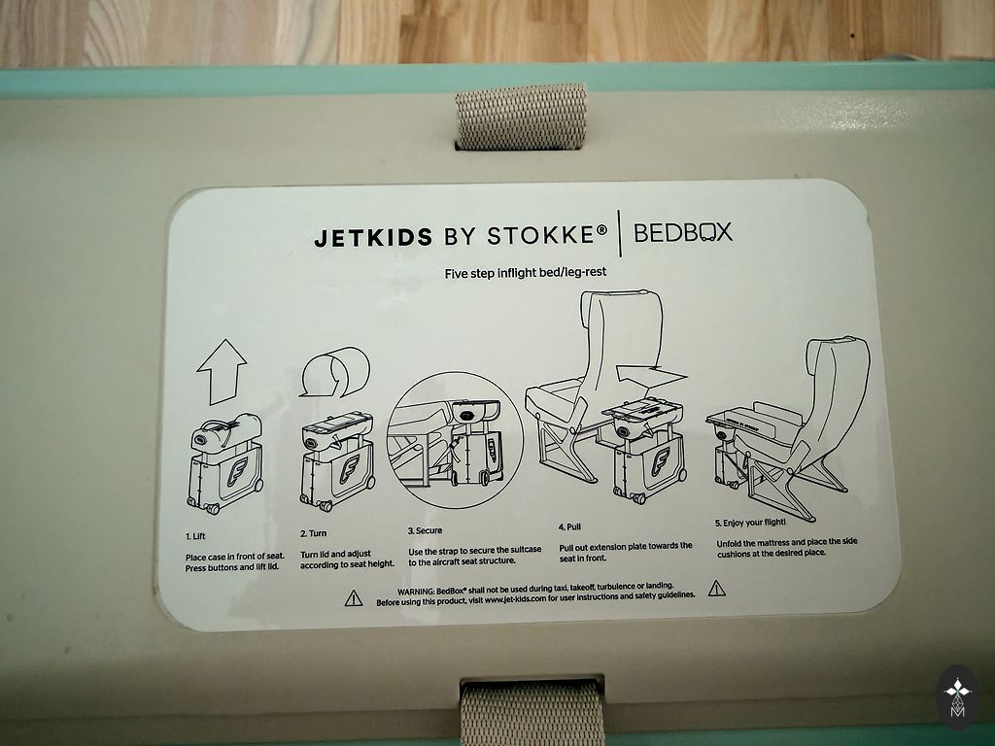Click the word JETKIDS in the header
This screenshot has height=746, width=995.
coord(373,237)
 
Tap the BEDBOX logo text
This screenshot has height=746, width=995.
coord(683,233)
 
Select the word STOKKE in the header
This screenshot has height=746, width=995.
coord(539,235)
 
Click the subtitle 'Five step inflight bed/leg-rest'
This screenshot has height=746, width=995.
coord(526,273)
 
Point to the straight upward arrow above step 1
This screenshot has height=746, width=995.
coord(222,372)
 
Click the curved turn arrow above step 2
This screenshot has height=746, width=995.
coord(334,372)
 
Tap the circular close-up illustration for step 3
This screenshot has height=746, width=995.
coord(455,440)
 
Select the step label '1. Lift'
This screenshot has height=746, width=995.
coord(195,536)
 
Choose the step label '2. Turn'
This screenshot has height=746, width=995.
coord(314,533)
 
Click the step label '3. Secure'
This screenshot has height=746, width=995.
coord(425,530)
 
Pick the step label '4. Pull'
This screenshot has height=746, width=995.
coord(569,526)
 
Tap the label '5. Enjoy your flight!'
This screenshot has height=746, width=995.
coord(750,523)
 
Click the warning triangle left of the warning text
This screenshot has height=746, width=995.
coord(354,597)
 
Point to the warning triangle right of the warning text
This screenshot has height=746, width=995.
coord(716,588)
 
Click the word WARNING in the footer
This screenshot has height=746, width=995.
coord(416,592)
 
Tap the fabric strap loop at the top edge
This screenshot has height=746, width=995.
coord(521,118)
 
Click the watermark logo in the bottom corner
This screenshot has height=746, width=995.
coord(957,697)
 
